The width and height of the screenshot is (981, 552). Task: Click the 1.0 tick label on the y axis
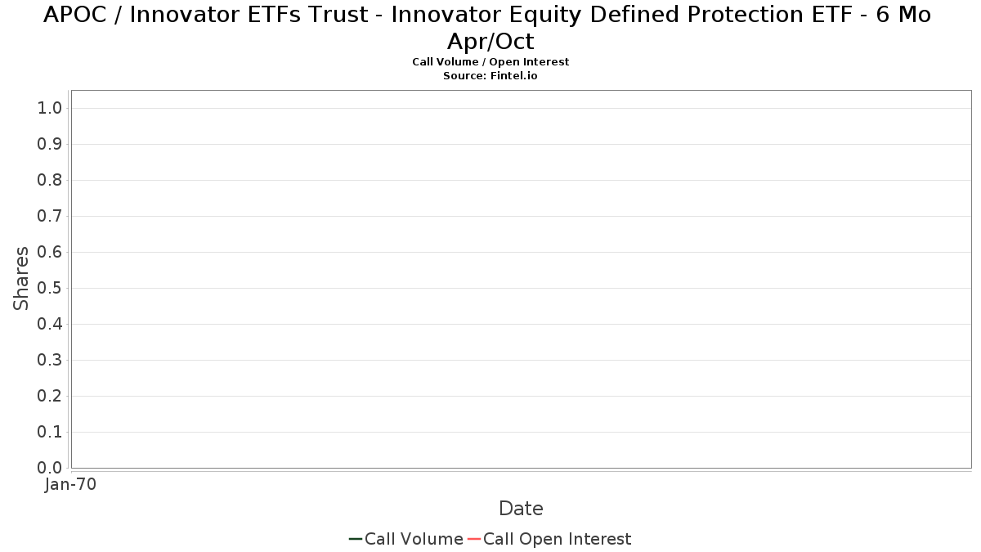point(50,108)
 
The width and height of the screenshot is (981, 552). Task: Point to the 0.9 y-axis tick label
point(50,144)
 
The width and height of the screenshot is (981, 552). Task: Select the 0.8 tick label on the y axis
point(50,180)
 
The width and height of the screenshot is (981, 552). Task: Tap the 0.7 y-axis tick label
point(50,216)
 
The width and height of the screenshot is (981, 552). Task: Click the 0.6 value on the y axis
point(50,252)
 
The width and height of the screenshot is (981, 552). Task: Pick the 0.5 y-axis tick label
point(50,288)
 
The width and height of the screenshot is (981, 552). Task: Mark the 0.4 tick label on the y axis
point(50,324)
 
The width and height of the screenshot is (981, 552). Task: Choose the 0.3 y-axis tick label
point(50,360)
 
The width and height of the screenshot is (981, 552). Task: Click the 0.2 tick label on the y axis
point(50,396)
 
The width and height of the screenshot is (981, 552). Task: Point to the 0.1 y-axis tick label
point(50,432)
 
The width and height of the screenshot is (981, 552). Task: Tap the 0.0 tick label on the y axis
point(50,468)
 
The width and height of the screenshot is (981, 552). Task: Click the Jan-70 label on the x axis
point(70,484)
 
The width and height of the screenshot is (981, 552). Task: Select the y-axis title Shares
point(20,279)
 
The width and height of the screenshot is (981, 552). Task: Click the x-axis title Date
point(522,509)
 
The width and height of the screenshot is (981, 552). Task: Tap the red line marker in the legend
point(474,539)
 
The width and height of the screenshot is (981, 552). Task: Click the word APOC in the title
point(75,15)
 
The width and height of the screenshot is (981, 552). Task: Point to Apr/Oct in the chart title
point(490,42)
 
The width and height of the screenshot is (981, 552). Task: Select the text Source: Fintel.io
point(490,76)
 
